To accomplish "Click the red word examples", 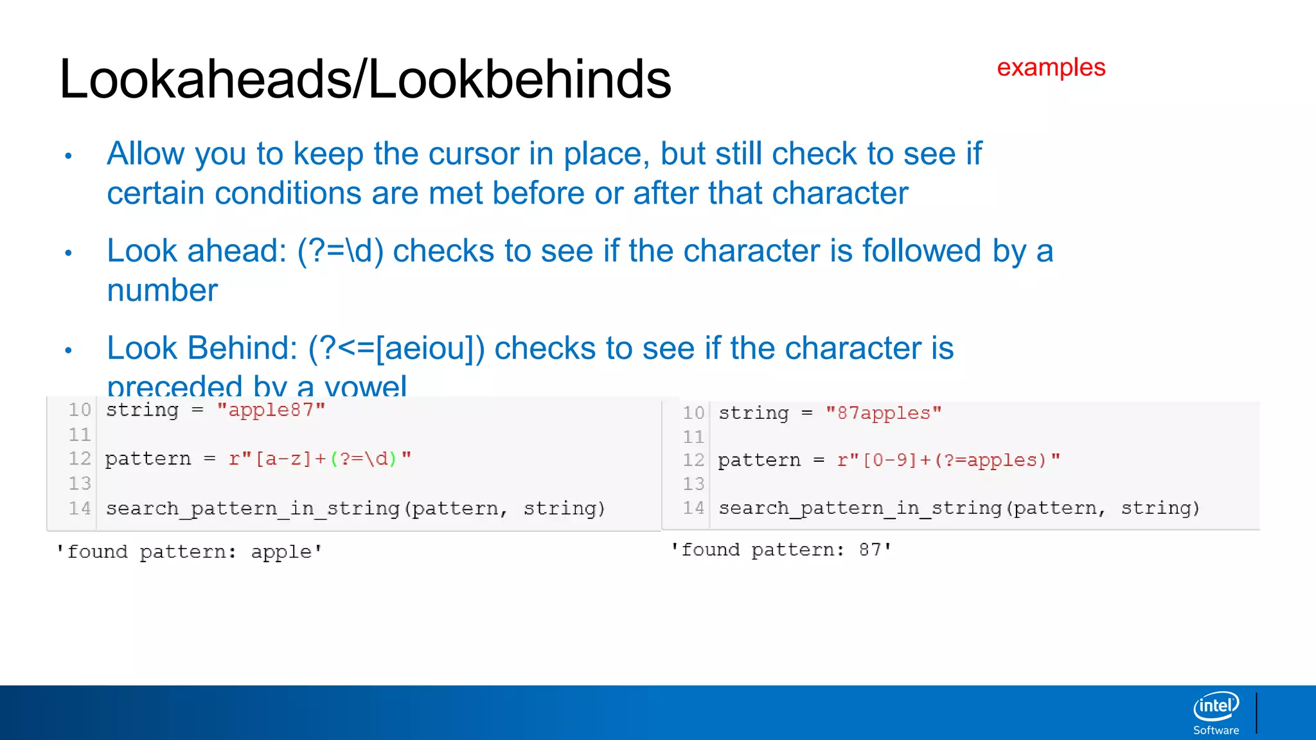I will coord(1051,67).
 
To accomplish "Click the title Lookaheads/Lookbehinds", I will coord(365,79).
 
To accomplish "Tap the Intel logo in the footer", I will coord(1216,706).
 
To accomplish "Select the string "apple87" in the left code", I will coord(271,410).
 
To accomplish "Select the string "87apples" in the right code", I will coord(883,413).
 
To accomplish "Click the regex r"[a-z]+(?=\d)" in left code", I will coord(319,459).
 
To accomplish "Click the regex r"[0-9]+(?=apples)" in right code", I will coord(948,460).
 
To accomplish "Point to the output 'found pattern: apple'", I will coord(190,552).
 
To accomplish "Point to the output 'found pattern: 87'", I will coord(781,550).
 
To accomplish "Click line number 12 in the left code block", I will coord(80,459).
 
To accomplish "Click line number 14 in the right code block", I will coord(693,508).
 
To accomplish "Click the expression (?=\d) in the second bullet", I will coord(340,251).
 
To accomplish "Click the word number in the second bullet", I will coord(162,290).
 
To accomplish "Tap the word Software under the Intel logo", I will coord(1216,730).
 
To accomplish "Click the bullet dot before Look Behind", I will coord(68,350).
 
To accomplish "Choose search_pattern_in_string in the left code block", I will coord(253,509).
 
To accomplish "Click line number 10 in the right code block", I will coord(693,413).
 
